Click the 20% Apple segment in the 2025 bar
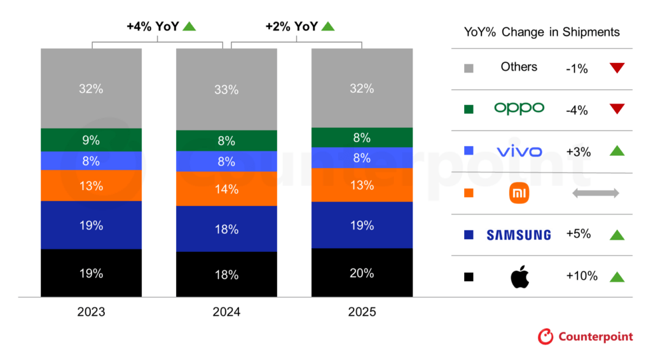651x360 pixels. [x=361, y=273]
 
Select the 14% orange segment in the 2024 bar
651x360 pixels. [x=226, y=189]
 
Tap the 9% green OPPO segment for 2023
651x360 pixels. [x=91, y=140]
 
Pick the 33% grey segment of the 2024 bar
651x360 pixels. [x=226, y=90]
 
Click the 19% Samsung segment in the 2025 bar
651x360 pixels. [x=361, y=225]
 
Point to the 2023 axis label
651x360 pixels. [x=91, y=312]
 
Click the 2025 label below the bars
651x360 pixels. [x=361, y=312]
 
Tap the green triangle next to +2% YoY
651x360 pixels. [x=327, y=27]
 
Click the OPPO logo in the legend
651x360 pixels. [x=519, y=109]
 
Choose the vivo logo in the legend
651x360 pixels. [x=519, y=151]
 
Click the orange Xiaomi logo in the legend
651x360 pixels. [x=519, y=193]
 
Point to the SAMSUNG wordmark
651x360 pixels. [x=519, y=235]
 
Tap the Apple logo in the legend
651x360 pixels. [x=519, y=277]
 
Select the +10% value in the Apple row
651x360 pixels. [x=581, y=276]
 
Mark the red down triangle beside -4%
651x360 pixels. [x=617, y=109]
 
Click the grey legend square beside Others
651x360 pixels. [x=469, y=67]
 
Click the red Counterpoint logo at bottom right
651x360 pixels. [x=545, y=336]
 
